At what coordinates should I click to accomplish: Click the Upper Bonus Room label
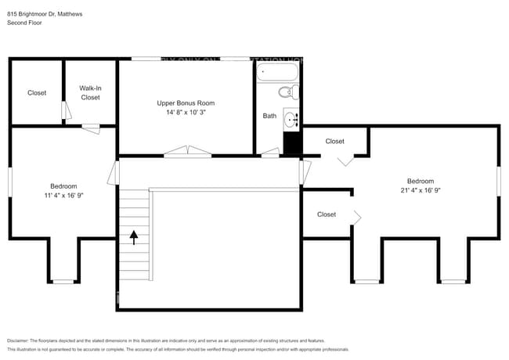186,103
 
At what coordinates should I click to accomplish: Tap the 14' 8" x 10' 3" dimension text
186,113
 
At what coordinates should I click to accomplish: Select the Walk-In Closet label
90,93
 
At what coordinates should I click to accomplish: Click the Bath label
269,116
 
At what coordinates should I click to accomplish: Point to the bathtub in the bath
278,73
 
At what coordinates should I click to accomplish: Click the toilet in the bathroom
290,93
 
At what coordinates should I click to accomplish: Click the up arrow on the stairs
134,236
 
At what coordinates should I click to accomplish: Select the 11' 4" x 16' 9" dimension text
63,196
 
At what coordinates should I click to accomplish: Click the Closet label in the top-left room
37,93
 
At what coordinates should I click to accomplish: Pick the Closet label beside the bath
334,142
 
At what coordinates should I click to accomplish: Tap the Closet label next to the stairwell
327,214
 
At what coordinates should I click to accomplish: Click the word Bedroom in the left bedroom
63,186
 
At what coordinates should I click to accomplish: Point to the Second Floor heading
24,23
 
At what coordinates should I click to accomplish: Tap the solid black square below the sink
291,144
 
